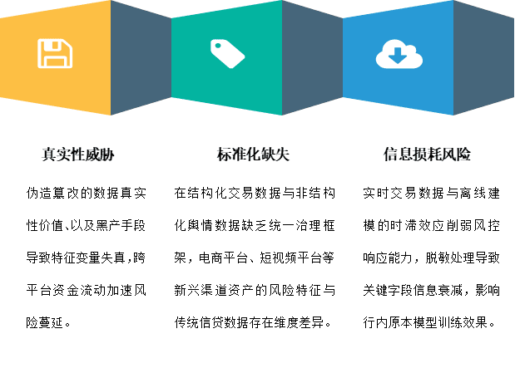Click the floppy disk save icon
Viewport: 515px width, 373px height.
55,53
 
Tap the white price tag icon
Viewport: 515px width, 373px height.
228,54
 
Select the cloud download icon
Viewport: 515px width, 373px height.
399,54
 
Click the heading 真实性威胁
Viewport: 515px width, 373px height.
78,155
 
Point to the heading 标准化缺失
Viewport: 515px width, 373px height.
253,155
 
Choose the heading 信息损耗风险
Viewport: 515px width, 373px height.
427,155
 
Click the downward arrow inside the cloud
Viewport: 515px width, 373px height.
398,56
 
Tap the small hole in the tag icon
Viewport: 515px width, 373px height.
218,46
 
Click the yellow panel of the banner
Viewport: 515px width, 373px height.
56,58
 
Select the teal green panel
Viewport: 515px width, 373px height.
226,58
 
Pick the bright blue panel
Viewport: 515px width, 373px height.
398,58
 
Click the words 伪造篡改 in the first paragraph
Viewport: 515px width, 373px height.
53,194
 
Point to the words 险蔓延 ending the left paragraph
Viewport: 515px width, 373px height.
45,323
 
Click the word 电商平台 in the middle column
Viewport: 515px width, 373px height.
223,258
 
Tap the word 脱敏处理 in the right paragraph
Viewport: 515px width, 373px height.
450,258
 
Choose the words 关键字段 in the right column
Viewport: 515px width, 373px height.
388,290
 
